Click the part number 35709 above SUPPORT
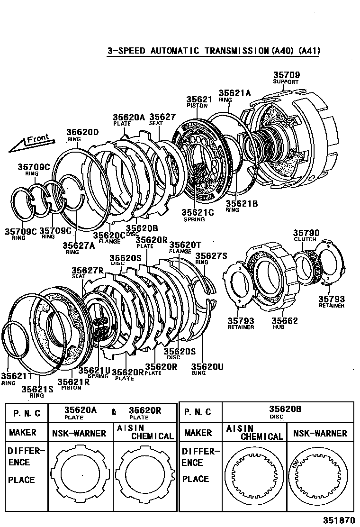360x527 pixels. coord(287,74)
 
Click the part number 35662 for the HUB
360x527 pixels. coord(285,321)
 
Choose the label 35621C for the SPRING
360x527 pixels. coord(198,213)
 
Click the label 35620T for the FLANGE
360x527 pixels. coord(185,245)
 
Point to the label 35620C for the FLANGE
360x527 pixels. coord(109,235)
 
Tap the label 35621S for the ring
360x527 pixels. coord(36,389)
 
